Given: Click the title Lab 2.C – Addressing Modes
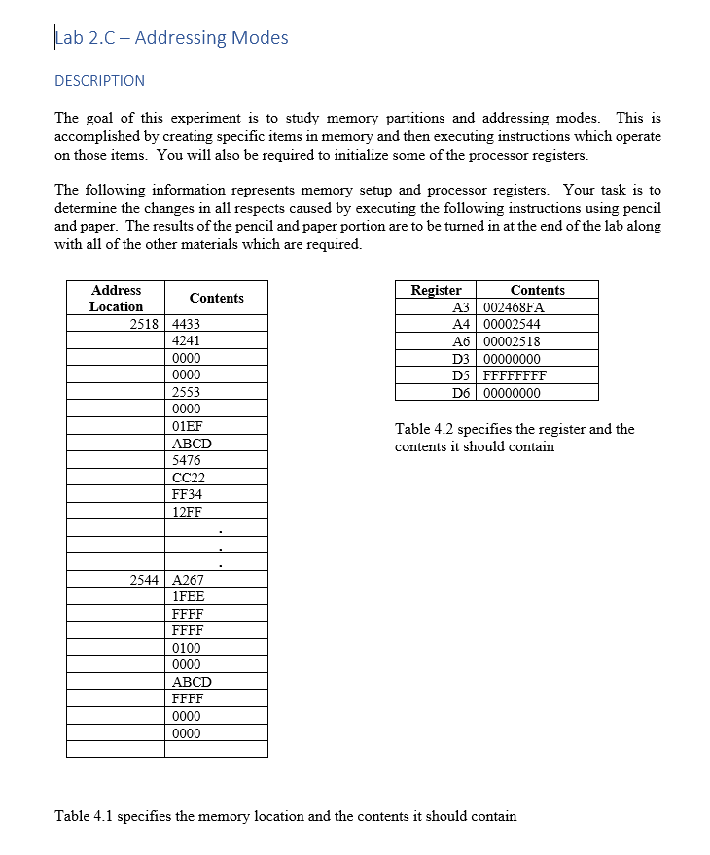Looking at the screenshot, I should pyautogui.click(x=172, y=38).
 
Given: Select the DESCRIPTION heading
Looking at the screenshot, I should pyautogui.click(x=99, y=81).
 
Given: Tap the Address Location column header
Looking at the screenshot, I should pyautogui.click(x=116, y=298).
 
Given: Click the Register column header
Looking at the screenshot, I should pyautogui.click(x=436, y=290).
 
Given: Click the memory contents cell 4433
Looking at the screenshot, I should pyautogui.click(x=187, y=324).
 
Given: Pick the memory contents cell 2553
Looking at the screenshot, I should pyautogui.click(x=187, y=392).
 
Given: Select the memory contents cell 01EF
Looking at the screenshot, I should pyautogui.click(x=187, y=426).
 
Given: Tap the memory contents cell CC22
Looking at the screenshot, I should pyautogui.click(x=188, y=478).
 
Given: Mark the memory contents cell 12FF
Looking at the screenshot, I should pyautogui.click(x=187, y=512).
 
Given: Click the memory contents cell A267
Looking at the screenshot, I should pyautogui.click(x=188, y=580).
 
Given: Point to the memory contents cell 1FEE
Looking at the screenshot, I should pyautogui.click(x=188, y=596).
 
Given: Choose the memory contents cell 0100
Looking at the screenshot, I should pyautogui.click(x=187, y=648).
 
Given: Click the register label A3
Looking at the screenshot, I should pyautogui.click(x=462, y=307).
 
